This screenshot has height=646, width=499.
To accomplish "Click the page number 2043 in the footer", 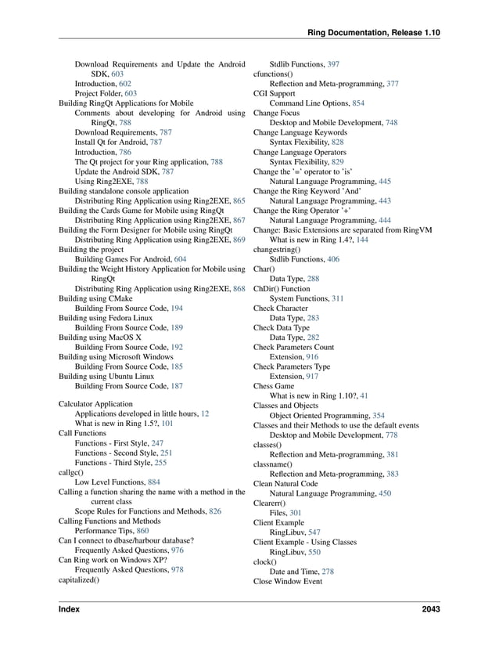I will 429,609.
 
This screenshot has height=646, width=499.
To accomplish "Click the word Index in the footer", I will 70,609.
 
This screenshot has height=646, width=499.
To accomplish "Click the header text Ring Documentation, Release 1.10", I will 374,32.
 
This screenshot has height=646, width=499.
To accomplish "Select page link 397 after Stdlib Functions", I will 333,63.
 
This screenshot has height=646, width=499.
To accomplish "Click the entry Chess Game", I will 274,386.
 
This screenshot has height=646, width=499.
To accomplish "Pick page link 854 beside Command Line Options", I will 358,103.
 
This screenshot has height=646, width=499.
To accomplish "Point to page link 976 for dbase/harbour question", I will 177,550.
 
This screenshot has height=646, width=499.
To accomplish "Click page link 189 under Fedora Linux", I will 177,328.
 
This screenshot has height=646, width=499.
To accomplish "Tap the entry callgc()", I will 72,472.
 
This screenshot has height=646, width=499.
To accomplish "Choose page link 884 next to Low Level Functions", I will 154,482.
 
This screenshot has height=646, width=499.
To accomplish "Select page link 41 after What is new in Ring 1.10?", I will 364,396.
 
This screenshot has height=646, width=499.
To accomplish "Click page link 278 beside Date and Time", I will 327,572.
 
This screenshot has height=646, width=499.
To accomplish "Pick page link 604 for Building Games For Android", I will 180,259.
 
